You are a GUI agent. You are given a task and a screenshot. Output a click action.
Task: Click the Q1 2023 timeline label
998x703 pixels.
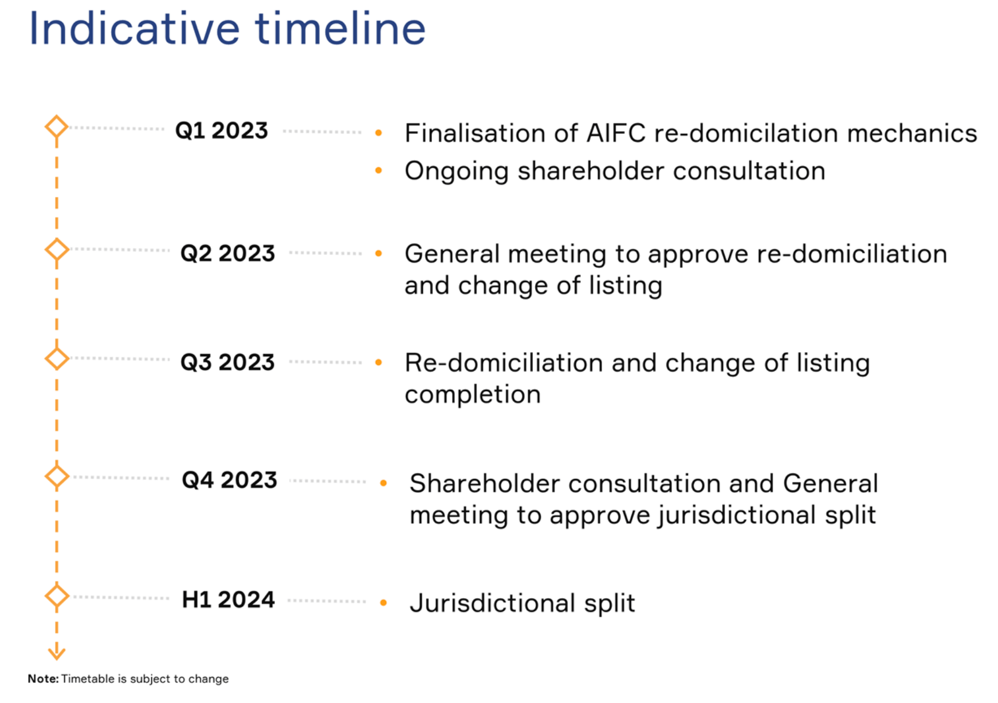[x=221, y=131]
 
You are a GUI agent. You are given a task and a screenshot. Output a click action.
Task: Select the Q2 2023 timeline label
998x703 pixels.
[x=227, y=253]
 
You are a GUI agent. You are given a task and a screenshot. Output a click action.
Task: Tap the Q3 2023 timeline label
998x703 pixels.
[x=227, y=362]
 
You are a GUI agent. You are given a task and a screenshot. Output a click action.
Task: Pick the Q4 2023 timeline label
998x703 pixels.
[x=229, y=480]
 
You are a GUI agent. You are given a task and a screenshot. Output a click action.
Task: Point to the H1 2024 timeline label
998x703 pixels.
[x=228, y=600]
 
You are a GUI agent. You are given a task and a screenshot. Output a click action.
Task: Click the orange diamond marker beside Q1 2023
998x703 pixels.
[x=57, y=127]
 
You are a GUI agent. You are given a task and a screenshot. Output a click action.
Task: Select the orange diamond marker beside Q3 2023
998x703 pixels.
[x=57, y=359]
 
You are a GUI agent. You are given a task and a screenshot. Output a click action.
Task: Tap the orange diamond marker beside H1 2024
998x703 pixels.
[x=57, y=596]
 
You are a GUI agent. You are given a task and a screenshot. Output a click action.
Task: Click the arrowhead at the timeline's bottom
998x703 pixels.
[x=57, y=652]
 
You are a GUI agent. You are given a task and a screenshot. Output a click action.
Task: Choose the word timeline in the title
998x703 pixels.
[x=340, y=29]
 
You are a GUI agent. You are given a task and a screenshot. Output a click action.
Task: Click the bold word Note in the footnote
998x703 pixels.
[x=42, y=679]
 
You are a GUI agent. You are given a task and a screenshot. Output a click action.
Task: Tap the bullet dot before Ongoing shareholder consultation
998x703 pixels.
[x=379, y=171]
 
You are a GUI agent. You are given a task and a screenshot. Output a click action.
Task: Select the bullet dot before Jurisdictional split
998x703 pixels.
[x=383, y=603]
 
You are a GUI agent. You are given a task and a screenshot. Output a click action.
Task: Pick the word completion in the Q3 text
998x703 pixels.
[x=473, y=395]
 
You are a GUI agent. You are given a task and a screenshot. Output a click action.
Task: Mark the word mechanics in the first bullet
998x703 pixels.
[x=912, y=133]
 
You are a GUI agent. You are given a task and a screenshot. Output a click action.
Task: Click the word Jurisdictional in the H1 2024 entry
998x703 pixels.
[x=492, y=603]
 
